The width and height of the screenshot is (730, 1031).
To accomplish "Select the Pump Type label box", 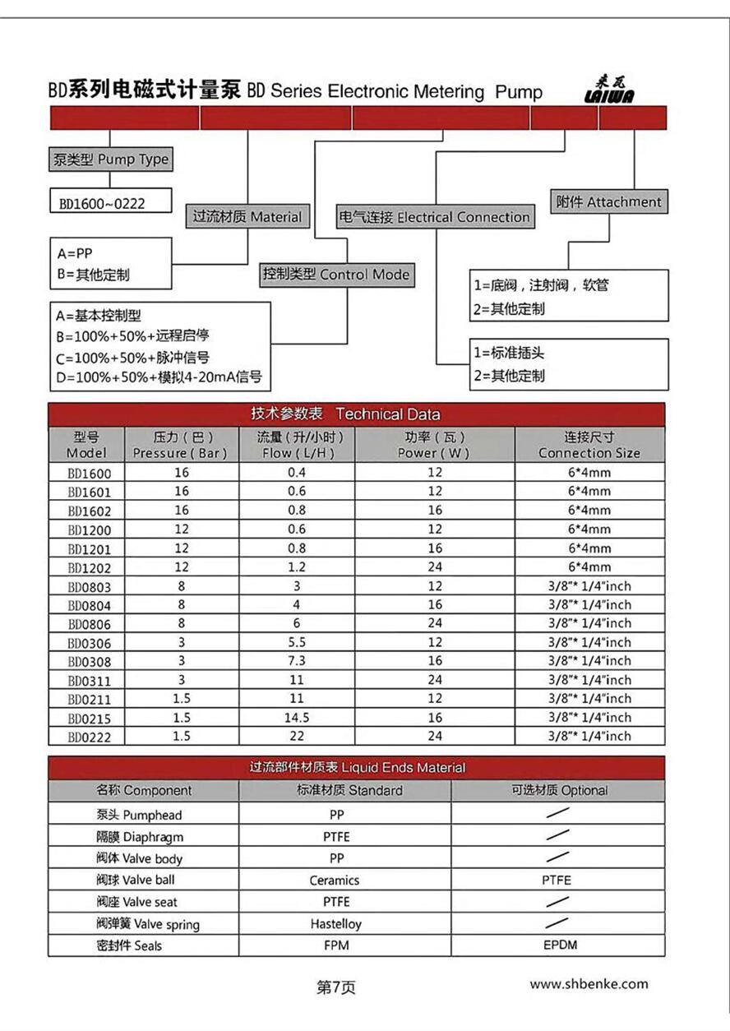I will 110,160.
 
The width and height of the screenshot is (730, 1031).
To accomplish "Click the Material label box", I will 247,218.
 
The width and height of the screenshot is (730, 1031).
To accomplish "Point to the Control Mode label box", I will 335,275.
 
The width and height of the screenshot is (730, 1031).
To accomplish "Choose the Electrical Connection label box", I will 434,218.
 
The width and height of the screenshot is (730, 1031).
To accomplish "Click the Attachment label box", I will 608,202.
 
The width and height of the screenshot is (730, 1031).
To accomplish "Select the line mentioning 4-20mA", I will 159,377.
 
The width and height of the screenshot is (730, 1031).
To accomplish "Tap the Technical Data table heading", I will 356,414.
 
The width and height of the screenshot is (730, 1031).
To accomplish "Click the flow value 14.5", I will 296,718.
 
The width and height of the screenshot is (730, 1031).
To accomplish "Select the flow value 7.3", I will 296,661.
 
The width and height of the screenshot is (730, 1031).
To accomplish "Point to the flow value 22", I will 296,737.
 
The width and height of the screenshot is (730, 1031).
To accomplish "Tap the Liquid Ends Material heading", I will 356,768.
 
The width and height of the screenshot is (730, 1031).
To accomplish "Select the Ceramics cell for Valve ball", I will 335,881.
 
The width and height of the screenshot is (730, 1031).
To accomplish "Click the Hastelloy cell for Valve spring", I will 335,924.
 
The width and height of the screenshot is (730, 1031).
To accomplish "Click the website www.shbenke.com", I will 589,984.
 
